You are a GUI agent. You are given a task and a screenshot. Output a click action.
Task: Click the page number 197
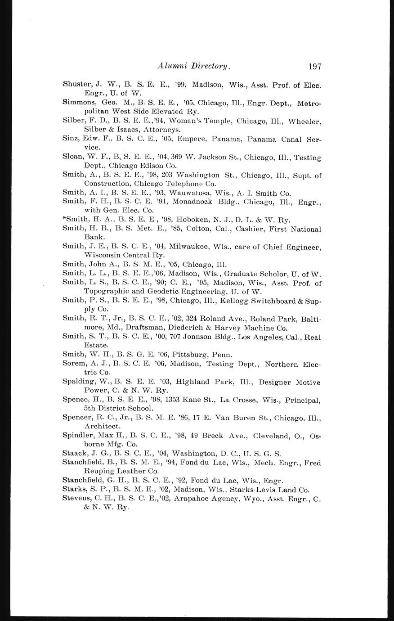tap(315, 67)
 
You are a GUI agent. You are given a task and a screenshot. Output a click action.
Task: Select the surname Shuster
tap(75, 85)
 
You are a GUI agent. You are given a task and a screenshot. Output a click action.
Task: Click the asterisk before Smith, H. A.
tap(64, 219)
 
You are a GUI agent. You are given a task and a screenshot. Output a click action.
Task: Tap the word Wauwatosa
tap(194, 193)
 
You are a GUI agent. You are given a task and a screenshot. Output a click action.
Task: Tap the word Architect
tap(102, 426)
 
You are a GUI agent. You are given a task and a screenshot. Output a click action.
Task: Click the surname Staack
tap(74, 454)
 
